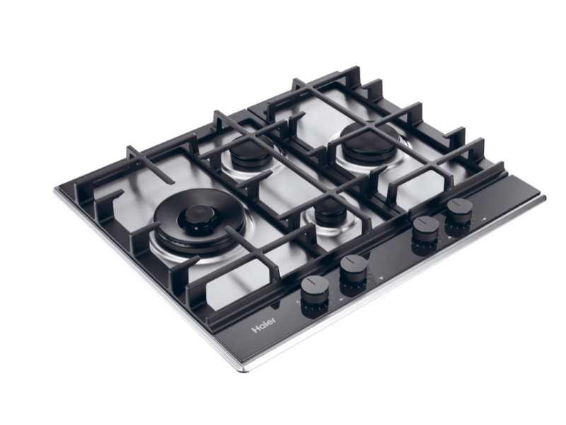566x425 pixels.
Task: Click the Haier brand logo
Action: [264, 324]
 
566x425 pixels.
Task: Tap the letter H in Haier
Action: [255, 329]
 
